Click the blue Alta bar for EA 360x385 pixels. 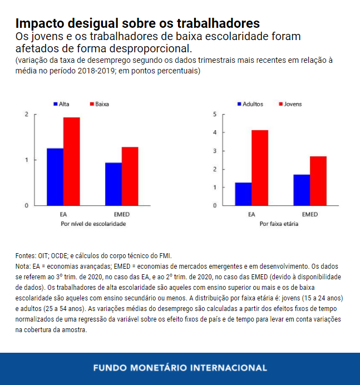(55, 177)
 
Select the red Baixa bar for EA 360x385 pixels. (71, 161)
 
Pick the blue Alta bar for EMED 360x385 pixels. (113, 184)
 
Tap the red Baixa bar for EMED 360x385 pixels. (130, 176)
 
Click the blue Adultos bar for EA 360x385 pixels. (243, 194)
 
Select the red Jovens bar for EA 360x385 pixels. (260, 168)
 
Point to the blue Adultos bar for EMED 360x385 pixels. (302, 190)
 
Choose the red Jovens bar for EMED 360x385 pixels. (318, 181)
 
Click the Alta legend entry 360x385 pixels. (61, 104)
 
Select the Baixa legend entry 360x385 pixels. (98, 104)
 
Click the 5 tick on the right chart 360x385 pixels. (214, 115)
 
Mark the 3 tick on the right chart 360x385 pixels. (214, 151)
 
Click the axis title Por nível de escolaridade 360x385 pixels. (93, 224)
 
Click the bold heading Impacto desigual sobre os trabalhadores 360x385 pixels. (137, 23)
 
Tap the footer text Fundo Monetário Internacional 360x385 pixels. (180, 368)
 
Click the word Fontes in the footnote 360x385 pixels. (26, 255)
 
